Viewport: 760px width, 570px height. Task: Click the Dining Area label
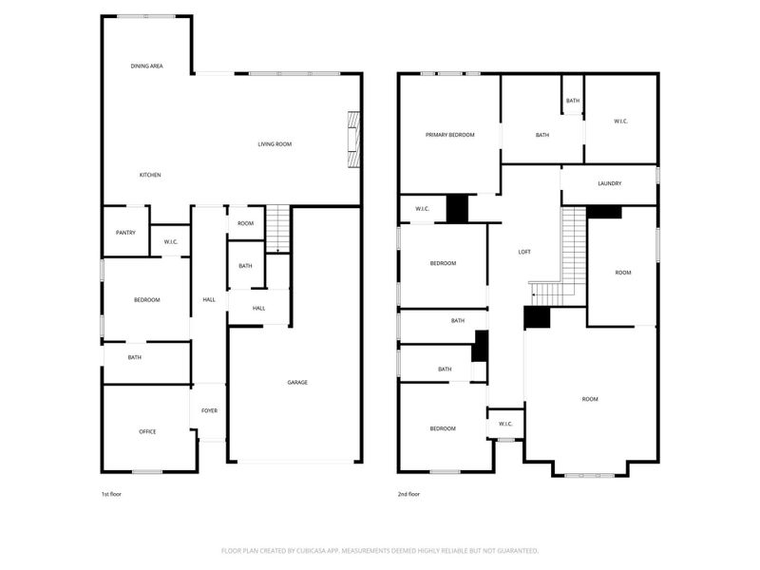[147, 66]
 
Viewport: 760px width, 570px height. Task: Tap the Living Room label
[275, 144]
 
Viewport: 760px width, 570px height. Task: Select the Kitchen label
[150, 175]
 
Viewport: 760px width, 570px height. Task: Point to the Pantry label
[125, 233]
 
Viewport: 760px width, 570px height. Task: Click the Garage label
[297, 383]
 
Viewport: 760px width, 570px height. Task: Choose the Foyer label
[209, 410]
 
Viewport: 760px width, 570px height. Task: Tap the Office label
[147, 432]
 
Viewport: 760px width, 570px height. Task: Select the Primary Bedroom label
[449, 135]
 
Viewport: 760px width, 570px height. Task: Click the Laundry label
[609, 184]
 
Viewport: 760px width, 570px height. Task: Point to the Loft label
[523, 252]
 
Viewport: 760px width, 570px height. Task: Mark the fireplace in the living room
[354, 140]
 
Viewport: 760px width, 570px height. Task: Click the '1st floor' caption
[111, 494]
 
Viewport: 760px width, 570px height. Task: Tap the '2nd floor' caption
[408, 494]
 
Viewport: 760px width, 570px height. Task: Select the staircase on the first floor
[276, 229]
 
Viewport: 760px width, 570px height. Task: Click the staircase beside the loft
[570, 252]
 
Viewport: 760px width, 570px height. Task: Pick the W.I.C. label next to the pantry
[171, 241]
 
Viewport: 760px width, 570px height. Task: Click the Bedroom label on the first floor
[146, 300]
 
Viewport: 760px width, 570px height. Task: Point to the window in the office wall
[146, 472]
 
